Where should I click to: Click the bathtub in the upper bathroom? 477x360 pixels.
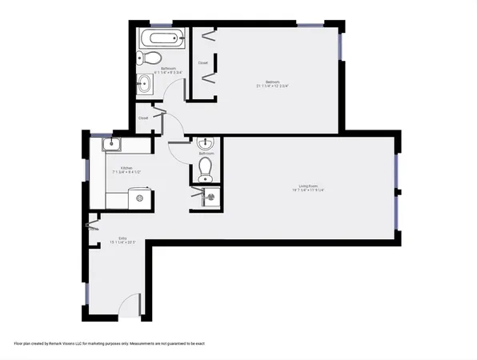tap(161, 37)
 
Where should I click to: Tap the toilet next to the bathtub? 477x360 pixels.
tap(149, 58)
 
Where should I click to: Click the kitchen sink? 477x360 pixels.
tap(111, 145)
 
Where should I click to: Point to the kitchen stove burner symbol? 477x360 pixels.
tap(141, 196)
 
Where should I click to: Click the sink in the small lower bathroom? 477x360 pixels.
tap(206, 145)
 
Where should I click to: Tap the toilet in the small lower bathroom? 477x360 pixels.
tap(205, 168)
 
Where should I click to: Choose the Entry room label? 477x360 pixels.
tap(122, 238)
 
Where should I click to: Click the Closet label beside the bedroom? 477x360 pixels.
tap(203, 62)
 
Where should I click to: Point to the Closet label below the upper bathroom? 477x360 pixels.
tap(143, 118)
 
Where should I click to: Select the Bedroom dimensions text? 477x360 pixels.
tap(271, 86)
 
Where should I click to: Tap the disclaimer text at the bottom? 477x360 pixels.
tap(109, 343)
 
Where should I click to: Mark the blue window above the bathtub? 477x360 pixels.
tap(159, 23)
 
